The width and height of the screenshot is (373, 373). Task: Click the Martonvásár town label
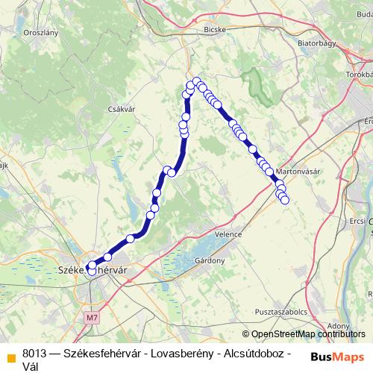[x=298, y=171]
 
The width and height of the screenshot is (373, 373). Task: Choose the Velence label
[x=228, y=234]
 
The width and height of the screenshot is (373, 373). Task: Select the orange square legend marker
[x=9, y=355]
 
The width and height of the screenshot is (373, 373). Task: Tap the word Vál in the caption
[x=31, y=366]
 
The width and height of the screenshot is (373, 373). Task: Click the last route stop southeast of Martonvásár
[x=284, y=200]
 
